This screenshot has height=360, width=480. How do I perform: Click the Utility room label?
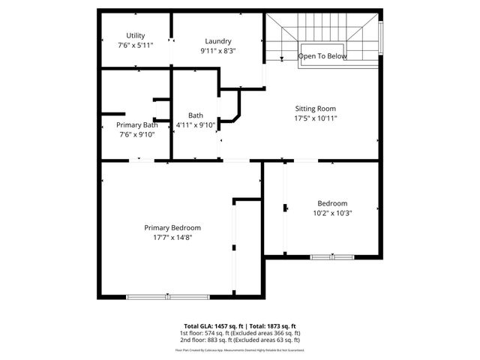click(x=136, y=35)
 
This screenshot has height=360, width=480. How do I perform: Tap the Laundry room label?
click(x=217, y=41)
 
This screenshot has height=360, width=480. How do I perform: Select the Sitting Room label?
click(x=316, y=109)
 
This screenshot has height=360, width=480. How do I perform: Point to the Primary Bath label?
click(x=136, y=124)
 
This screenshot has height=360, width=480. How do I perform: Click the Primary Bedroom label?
click(x=172, y=227)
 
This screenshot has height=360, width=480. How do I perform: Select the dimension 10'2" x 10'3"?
click(x=332, y=213)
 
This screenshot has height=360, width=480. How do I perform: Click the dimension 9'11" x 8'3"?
click(x=217, y=51)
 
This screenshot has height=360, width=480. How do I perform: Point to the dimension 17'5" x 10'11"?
click(x=316, y=118)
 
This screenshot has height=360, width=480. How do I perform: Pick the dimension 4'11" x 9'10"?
click(x=196, y=125)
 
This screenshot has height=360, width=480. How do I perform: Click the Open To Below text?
click(x=322, y=56)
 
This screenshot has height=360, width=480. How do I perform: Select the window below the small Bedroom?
click(x=332, y=257)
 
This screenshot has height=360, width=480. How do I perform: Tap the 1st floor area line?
click(x=240, y=333)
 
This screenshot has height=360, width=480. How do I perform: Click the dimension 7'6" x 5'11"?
click(x=136, y=45)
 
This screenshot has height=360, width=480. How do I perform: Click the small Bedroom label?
click(x=332, y=203)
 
